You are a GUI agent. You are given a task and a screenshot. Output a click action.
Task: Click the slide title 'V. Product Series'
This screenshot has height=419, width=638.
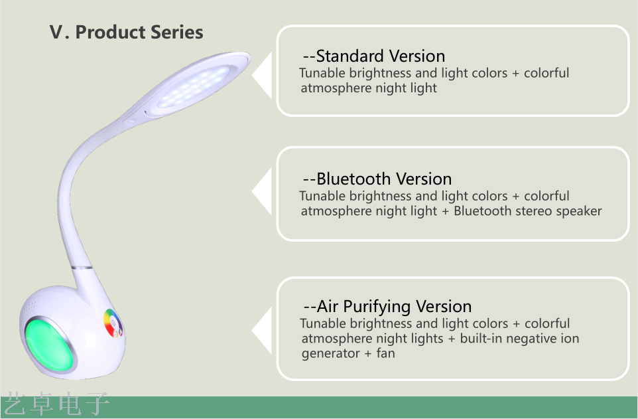click(126, 32)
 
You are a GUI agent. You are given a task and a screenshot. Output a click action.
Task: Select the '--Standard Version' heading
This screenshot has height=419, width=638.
click(374, 56)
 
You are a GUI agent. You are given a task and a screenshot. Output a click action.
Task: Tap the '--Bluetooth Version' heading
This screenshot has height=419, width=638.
click(377, 179)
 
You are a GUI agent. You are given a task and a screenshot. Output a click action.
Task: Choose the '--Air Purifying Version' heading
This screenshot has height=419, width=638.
click(387, 306)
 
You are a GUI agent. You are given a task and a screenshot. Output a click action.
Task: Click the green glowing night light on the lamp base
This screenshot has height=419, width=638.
click(50, 345)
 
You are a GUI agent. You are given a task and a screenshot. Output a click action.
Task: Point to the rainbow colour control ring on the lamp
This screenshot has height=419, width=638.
click(113, 323)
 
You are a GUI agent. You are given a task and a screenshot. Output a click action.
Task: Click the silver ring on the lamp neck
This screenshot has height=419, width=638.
click(82, 268)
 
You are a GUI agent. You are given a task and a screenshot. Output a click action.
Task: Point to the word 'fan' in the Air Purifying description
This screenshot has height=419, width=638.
click(385, 353)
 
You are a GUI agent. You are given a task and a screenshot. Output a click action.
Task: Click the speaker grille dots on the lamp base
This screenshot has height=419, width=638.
click(29, 309)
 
